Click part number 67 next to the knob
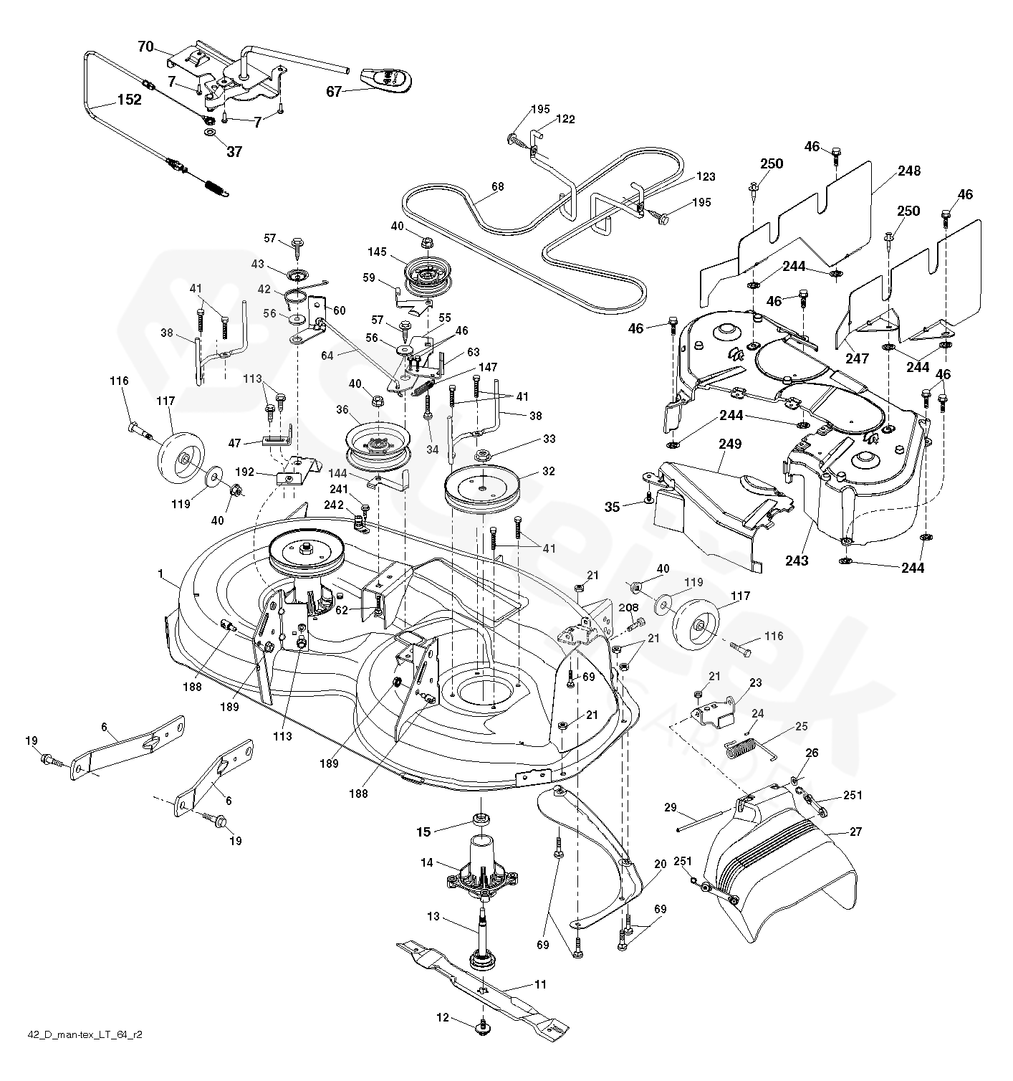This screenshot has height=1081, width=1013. [x=334, y=91]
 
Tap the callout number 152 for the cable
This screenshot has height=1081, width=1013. [x=129, y=100]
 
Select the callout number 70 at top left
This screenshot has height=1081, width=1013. [x=145, y=47]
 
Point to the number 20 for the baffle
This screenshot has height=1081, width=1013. [x=660, y=864]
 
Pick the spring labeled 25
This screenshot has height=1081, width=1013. [x=745, y=746]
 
